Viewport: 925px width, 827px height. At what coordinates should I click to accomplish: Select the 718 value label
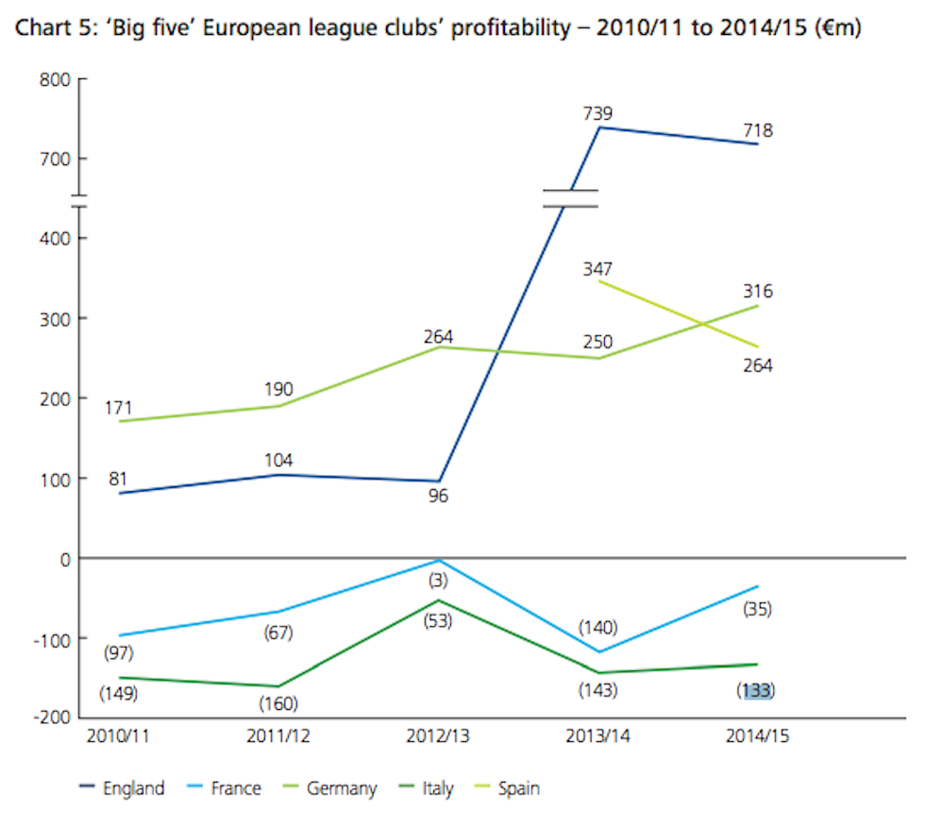click(x=757, y=130)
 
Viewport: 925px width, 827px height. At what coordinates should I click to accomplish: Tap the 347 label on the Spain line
click(x=598, y=269)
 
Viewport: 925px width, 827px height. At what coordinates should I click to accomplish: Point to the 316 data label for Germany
click(x=757, y=291)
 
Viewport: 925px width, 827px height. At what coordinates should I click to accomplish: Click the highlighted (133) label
click(x=757, y=690)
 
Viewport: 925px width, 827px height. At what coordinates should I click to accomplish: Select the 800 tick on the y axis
click(x=56, y=80)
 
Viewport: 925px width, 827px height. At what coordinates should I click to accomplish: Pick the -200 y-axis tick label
click(x=53, y=717)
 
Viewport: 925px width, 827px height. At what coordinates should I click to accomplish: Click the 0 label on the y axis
click(x=64, y=558)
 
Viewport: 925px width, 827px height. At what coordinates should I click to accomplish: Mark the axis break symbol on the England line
click(x=570, y=198)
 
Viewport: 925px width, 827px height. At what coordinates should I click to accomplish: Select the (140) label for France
click(x=598, y=627)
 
